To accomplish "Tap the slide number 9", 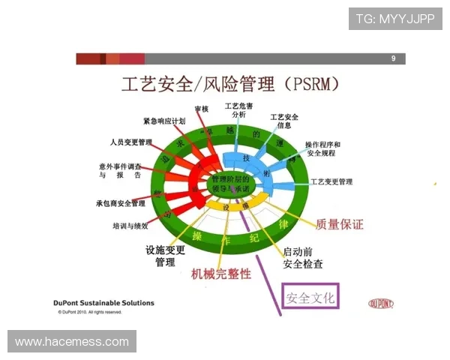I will pos(393,58).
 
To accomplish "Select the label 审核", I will pos(201,109).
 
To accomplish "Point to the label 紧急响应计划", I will pos(165,121).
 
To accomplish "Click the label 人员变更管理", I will pos(131,142).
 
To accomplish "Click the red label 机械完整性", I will pos(221,274).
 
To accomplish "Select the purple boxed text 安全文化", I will pos(310,298).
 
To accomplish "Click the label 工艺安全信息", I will pos(284,121).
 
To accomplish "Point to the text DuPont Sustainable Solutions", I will pos(103,303).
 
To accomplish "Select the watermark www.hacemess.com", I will pos(72,342).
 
